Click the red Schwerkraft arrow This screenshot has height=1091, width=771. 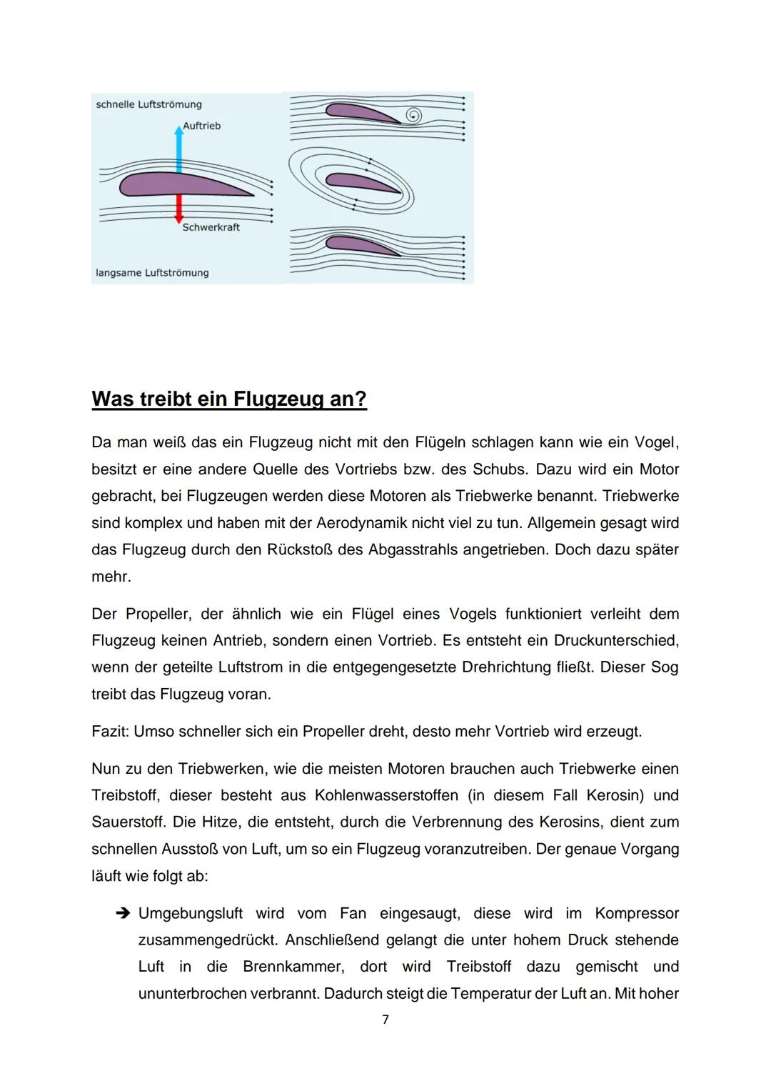(179, 209)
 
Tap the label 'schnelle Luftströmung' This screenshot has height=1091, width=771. (148, 104)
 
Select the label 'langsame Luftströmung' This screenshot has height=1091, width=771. (152, 273)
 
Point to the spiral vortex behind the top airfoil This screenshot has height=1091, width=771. (413, 116)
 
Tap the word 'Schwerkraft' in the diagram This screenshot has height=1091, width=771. (211, 227)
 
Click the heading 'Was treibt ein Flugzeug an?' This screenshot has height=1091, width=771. (229, 399)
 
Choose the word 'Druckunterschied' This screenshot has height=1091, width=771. (616, 641)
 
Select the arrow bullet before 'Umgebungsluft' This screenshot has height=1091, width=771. (121, 914)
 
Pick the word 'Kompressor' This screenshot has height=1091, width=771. (637, 914)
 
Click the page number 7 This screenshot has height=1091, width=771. (385, 1020)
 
